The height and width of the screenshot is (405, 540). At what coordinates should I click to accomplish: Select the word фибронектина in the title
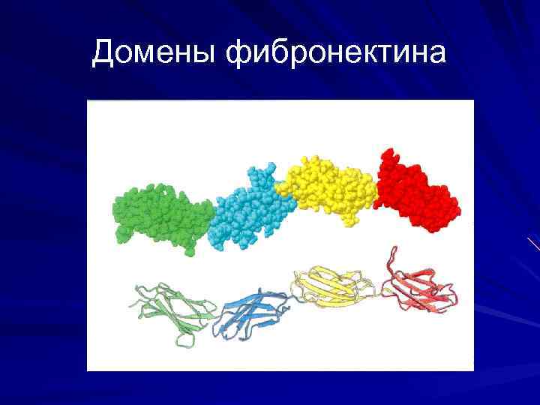pyautogui.click(x=336, y=52)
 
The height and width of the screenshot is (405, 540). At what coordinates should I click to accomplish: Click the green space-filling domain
pyautogui.click(x=161, y=215)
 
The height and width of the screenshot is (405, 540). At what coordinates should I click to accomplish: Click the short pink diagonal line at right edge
pyautogui.click(x=533, y=243)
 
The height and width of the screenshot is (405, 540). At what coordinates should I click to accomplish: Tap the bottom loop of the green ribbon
pyautogui.click(x=183, y=339)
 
